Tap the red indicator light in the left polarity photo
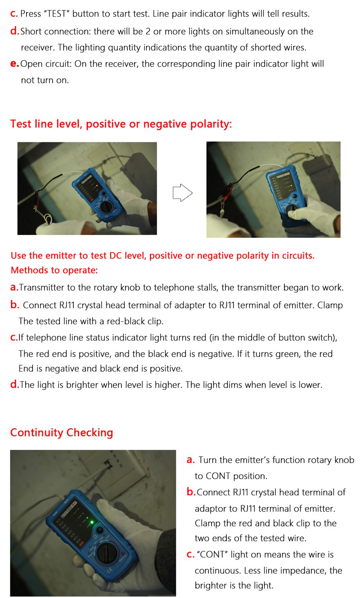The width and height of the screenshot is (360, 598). click(x=96, y=185)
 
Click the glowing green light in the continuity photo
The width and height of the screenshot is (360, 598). click(x=91, y=523)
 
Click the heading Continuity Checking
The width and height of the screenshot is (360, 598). click(x=62, y=433)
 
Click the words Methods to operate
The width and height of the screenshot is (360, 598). click(x=54, y=270)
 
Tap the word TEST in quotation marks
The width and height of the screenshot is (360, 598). click(x=56, y=14)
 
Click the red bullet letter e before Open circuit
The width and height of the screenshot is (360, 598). click(x=14, y=64)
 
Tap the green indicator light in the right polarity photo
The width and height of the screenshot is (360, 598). click(x=291, y=185)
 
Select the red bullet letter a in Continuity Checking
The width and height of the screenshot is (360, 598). click(x=190, y=460)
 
